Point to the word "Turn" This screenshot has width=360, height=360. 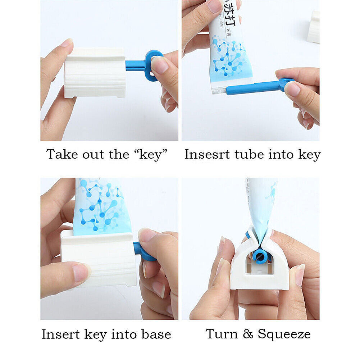click(x=222, y=334)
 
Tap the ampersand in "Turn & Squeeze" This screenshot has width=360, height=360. click(x=248, y=334)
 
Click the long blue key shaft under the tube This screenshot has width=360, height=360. click(x=252, y=87)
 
